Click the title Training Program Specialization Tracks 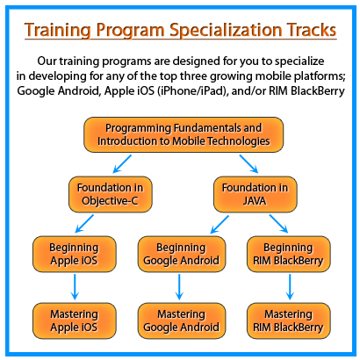pos(179,30)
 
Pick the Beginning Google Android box pos(179,253)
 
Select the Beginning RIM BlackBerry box pos(289,253)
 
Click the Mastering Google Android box pos(179,320)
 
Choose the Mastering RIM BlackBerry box pos(289,320)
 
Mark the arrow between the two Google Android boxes pos(179,287)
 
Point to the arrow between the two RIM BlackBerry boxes pos(289,287)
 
